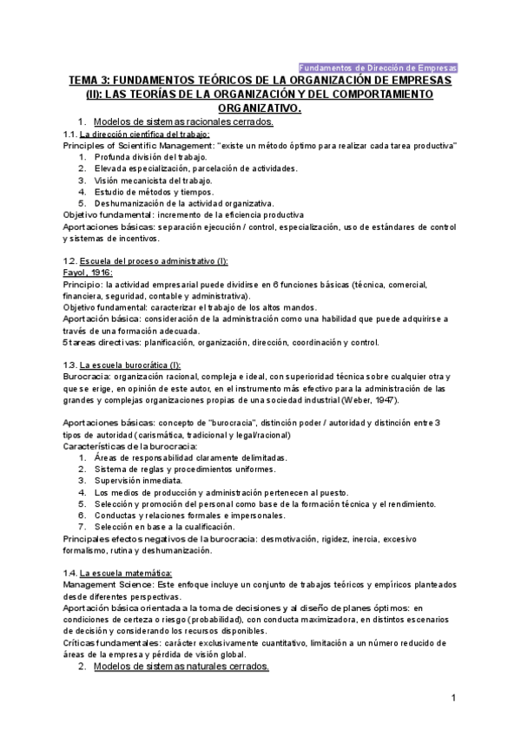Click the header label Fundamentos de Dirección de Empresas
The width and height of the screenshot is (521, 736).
point(378,67)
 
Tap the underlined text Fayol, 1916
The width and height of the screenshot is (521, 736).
point(89,272)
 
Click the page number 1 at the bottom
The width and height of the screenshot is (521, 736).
point(453,698)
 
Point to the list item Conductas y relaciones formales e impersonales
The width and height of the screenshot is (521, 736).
point(190,515)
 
